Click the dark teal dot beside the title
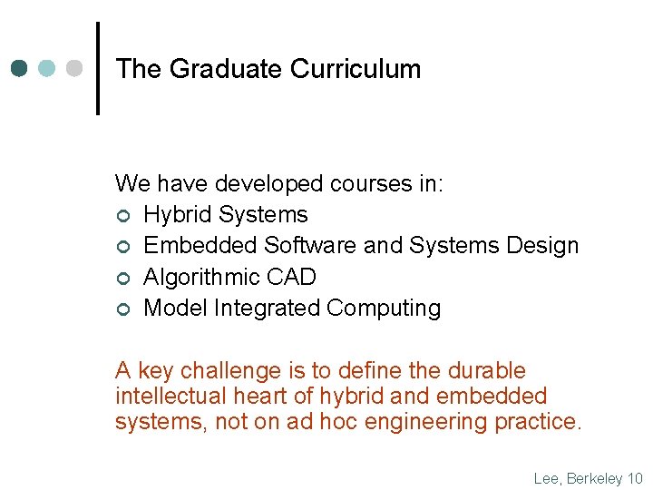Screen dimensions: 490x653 [x=20, y=69]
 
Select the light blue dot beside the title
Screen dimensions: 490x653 [x=47, y=69]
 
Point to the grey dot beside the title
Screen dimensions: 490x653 [x=74, y=69]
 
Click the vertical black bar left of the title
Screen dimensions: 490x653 [x=98, y=69]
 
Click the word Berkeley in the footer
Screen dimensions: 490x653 [x=595, y=478]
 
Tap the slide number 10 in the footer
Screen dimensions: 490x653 [x=635, y=478]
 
